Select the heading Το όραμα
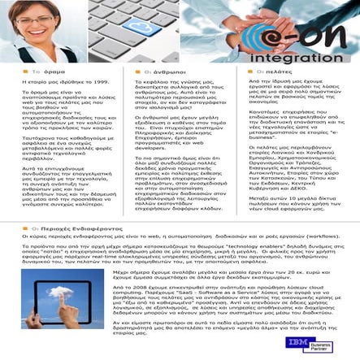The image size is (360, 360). pyautogui.click(x=33, y=72)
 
